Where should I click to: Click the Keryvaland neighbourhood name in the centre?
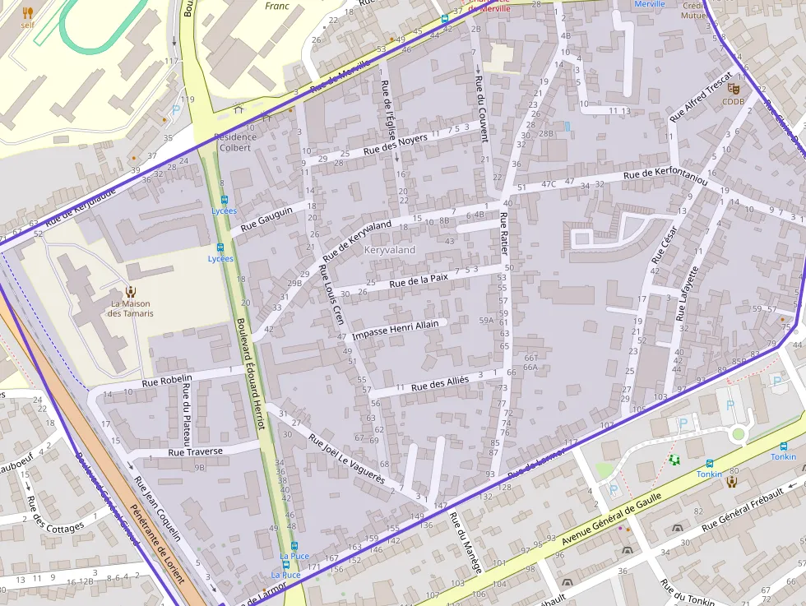coord(390,249)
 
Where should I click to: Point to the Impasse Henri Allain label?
coord(395,331)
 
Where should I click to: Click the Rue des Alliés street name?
coord(439,383)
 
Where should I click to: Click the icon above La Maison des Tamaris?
coord(130,291)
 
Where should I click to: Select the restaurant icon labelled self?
coord(27,12)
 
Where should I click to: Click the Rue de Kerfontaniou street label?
coord(665,175)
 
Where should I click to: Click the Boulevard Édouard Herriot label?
coord(249,374)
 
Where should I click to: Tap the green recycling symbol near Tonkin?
coord(674,460)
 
